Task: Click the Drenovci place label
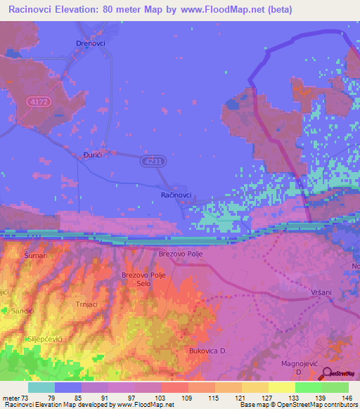point(89,43)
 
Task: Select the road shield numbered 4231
point(153,162)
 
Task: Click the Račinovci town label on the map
point(176,195)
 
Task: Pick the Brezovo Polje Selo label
point(143,280)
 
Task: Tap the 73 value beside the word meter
point(29,398)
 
